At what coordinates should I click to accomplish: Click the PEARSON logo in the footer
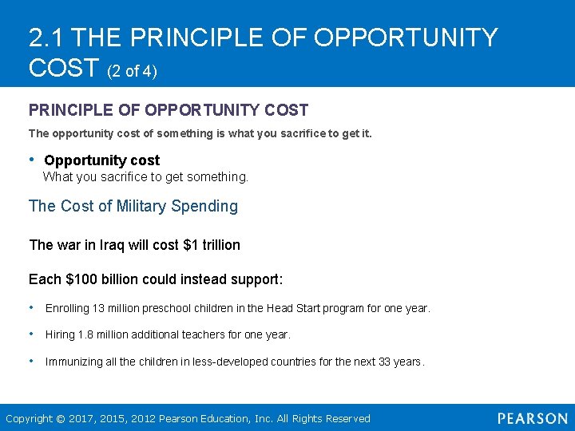coord(532,418)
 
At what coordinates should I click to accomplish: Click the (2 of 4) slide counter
coord(132,72)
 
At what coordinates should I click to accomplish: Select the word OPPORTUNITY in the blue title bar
coord(406,38)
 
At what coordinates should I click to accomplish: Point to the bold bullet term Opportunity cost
coord(101,160)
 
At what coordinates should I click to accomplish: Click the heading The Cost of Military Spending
coord(133,206)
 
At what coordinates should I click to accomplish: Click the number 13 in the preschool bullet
coord(99,308)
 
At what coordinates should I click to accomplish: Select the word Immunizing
coord(73,362)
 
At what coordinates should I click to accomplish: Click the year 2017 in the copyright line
coord(81,418)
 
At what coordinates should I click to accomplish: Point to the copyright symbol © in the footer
coord(61,418)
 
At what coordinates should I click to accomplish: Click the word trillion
coord(221,245)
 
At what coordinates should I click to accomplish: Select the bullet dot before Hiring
coord(30,334)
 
